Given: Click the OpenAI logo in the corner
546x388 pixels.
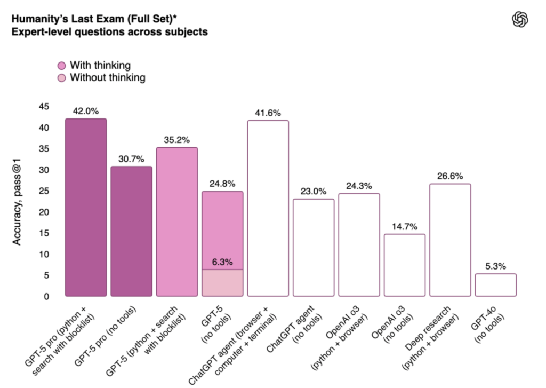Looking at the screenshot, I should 520,20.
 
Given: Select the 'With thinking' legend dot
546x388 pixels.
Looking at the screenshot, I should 62,66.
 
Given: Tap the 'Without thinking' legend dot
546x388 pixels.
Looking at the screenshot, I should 62,78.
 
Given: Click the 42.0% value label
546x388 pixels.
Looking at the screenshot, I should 86,111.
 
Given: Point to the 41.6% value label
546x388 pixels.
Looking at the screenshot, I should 268,113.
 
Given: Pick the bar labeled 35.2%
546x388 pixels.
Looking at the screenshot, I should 177,221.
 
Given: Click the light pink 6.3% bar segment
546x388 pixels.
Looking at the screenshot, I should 222,282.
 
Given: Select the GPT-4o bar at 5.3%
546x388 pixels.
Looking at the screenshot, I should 495,284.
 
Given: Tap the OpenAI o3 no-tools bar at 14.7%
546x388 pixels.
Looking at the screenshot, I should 404,265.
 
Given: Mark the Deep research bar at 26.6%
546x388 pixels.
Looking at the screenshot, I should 450,240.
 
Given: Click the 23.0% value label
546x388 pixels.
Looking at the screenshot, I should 314,191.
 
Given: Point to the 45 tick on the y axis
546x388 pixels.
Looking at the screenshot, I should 44,107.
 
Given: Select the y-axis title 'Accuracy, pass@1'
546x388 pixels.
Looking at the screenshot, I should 17,202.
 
